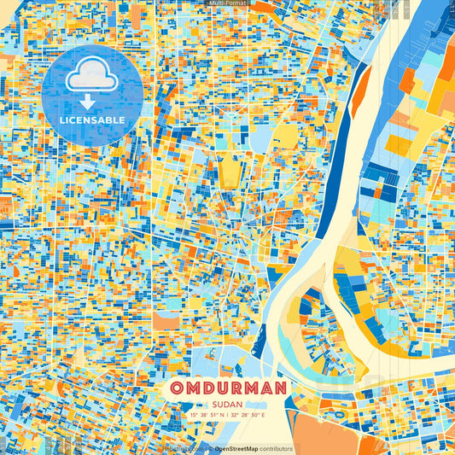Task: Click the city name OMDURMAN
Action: click(x=227, y=389)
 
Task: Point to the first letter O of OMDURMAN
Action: click(x=177, y=389)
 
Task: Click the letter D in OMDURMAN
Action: click(x=208, y=389)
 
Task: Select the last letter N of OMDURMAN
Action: click(x=278, y=389)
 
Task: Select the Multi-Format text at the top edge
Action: click(x=227, y=3)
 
